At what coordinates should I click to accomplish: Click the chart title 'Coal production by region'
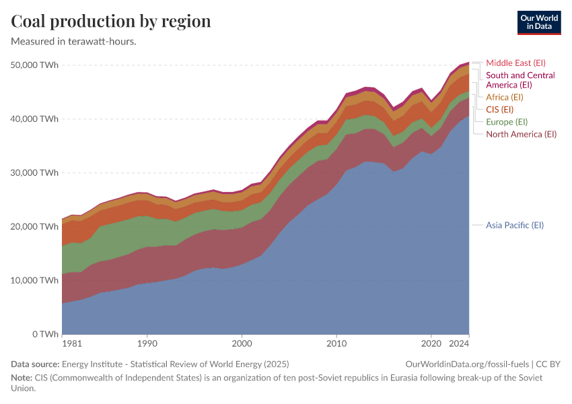[x=111, y=21]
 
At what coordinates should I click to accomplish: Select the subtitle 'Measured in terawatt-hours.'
[x=74, y=41]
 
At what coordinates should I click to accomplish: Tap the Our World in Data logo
[x=539, y=22]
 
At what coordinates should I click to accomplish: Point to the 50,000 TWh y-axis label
[x=35, y=65]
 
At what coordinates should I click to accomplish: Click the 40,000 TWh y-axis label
[x=35, y=119]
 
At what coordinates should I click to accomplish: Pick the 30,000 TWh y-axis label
[x=35, y=173]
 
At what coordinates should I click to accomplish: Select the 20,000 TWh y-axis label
[x=35, y=227]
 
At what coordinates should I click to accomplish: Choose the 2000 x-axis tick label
[x=242, y=343]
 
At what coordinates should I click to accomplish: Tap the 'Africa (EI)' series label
[x=504, y=97]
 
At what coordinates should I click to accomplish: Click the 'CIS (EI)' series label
[x=499, y=109]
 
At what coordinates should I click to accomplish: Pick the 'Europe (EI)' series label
[x=506, y=122]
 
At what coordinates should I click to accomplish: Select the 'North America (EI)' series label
[x=521, y=134]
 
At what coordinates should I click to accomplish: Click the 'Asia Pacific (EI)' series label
[x=514, y=225]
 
